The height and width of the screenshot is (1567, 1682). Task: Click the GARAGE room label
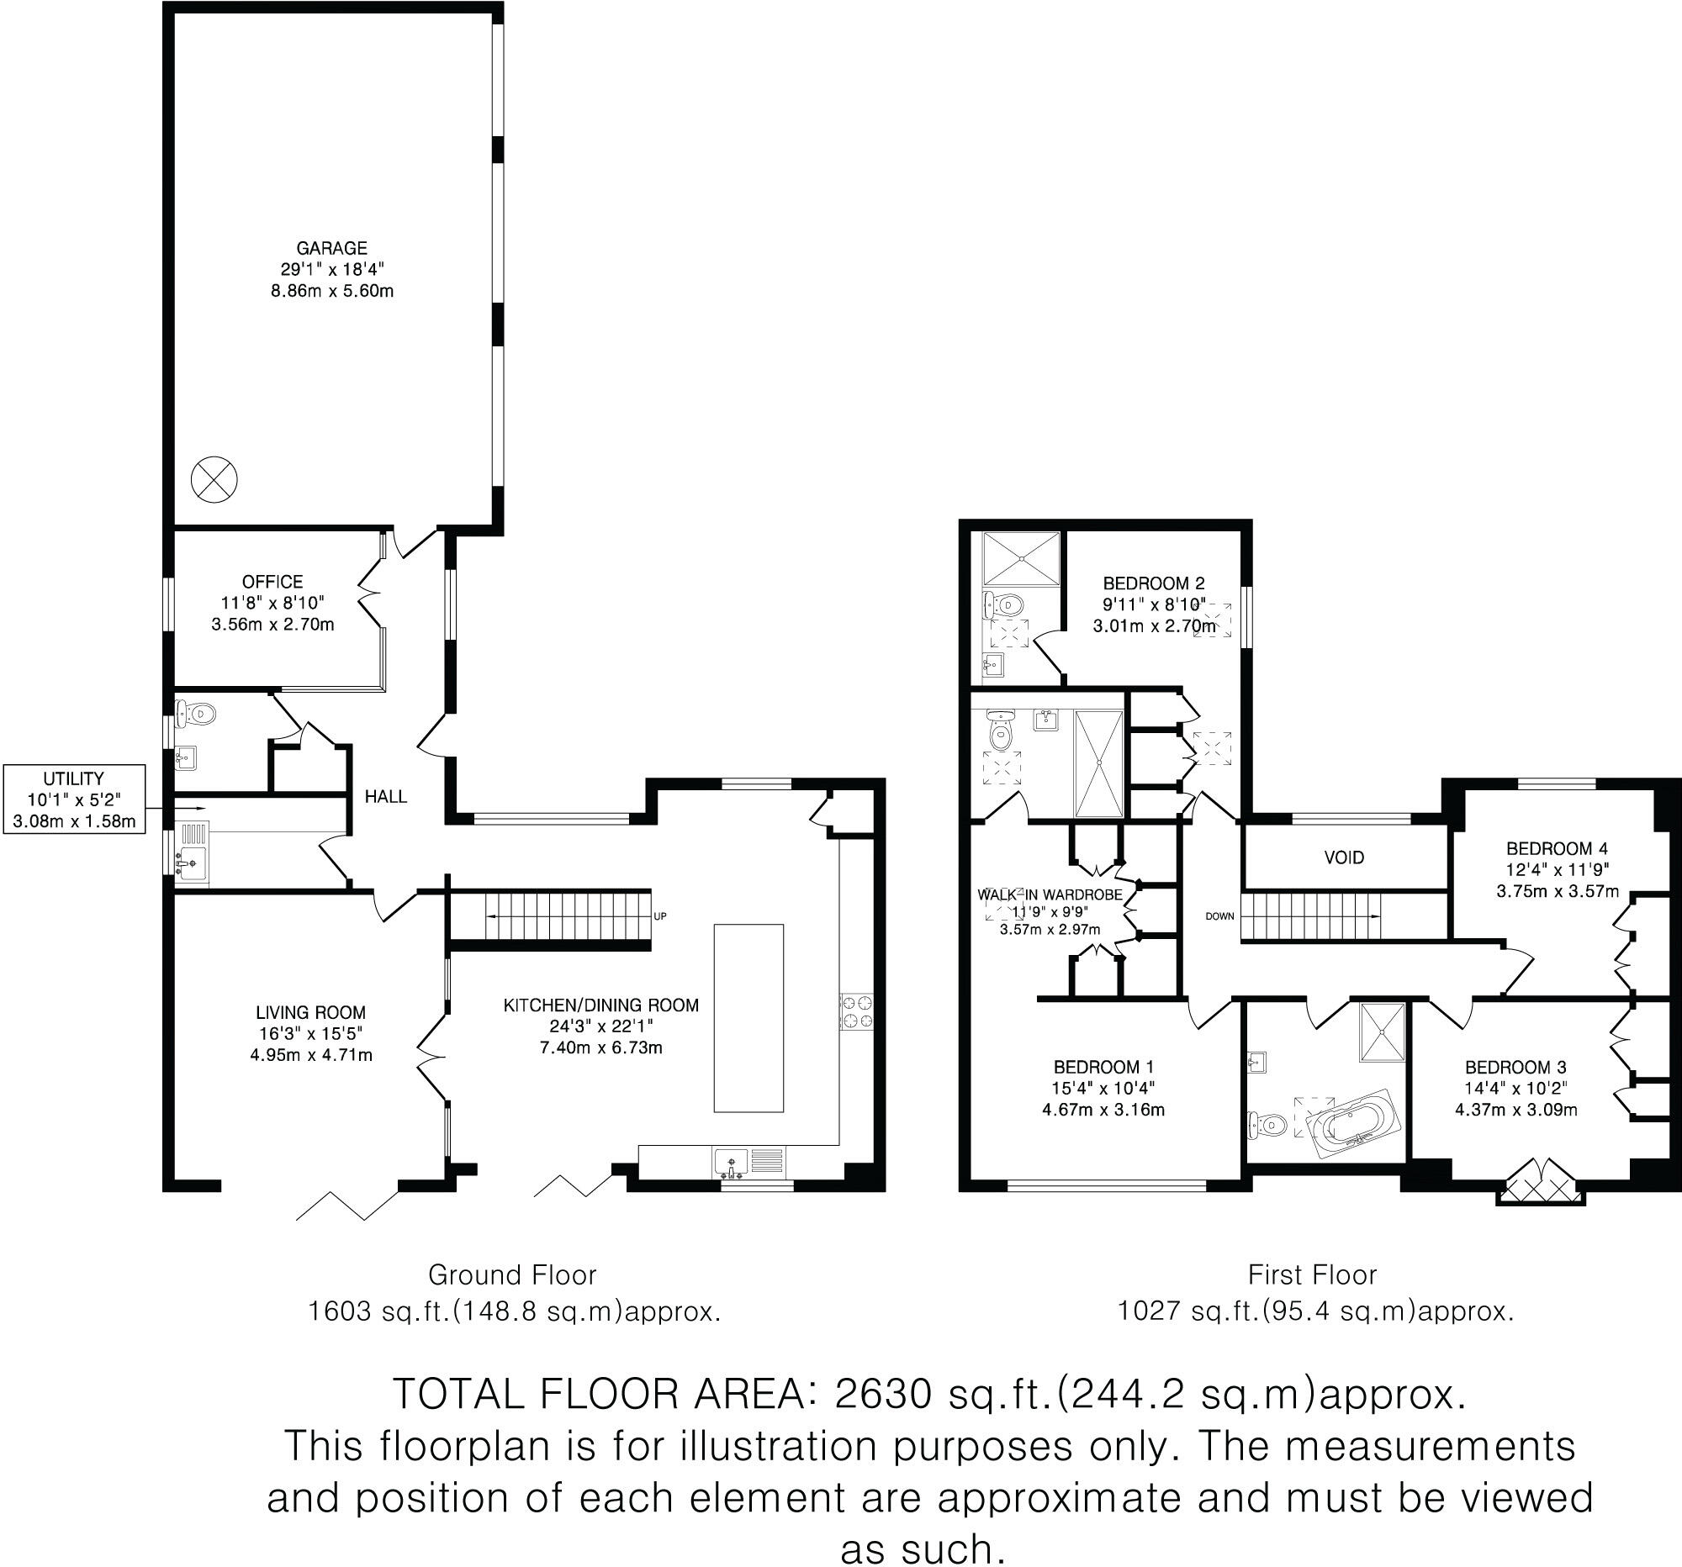(331, 248)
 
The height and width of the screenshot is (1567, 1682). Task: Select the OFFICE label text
(272, 581)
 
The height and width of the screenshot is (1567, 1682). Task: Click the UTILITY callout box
(74, 799)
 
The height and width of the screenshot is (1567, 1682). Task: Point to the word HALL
(386, 796)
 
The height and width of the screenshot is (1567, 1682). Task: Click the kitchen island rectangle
(748, 1017)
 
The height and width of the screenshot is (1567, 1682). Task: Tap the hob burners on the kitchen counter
(855, 1012)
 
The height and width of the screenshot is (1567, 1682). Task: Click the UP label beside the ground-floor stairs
(660, 915)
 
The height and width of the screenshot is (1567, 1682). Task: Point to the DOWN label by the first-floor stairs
(1219, 915)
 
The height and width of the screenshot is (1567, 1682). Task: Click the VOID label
(1344, 857)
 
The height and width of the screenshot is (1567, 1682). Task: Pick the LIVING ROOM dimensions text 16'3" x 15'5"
(310, 1033)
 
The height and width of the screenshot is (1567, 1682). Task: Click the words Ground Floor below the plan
(512, 1274)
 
